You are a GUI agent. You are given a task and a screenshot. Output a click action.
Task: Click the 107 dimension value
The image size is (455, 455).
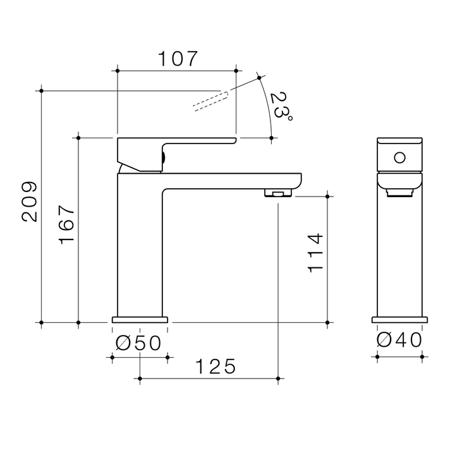tap(178, 59)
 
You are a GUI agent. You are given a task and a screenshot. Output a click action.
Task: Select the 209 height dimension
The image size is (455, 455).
tap(30, 202)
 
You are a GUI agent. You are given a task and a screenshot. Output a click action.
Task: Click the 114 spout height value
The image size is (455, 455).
tap(315, 252)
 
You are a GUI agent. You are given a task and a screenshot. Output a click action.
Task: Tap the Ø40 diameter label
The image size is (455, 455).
tap(399, 340)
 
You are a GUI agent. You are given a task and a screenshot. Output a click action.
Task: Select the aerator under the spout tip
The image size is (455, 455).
tap(277, 193)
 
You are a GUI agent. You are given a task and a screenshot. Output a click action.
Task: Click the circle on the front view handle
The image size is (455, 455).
tap(399, 156)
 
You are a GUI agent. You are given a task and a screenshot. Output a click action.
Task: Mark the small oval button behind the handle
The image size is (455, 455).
tap(164, 158)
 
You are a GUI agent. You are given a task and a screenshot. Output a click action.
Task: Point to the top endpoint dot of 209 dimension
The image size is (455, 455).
tap(41, 91)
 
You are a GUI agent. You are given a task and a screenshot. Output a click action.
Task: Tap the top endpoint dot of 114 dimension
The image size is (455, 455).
tap(327, 197)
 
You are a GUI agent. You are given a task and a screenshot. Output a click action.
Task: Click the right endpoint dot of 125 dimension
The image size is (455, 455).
tap(279, 379)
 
